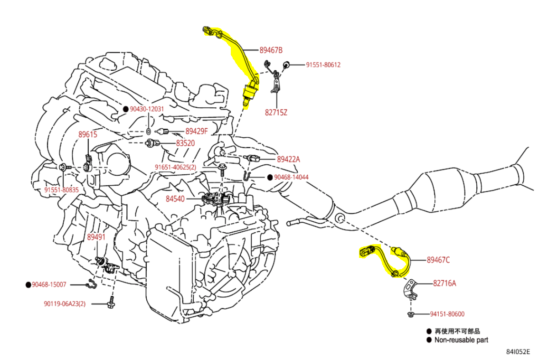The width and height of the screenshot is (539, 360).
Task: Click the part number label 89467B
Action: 271,50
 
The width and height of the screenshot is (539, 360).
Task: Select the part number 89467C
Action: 438,260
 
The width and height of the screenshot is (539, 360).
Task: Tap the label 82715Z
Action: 276,113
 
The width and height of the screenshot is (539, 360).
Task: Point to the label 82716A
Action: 444,284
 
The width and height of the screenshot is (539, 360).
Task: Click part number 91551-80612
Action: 323,65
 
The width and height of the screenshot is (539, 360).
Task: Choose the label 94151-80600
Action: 447,314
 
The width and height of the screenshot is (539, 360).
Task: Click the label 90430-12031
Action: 147,109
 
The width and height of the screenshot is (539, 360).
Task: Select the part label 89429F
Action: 197,131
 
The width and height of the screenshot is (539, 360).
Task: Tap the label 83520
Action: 185,143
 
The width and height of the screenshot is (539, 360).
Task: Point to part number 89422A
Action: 288,160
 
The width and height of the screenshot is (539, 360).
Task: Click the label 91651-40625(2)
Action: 175,167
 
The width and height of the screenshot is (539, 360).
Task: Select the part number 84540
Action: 175,199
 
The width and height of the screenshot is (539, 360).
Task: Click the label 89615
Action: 88,134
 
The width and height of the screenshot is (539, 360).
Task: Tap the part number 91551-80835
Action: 62,189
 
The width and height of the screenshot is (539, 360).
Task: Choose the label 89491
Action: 96,237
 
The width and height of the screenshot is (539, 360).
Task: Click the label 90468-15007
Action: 49,284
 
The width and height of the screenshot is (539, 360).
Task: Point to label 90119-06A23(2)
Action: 65,303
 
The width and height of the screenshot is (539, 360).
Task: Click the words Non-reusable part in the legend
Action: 462,340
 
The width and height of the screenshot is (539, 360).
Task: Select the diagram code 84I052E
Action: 518,352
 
